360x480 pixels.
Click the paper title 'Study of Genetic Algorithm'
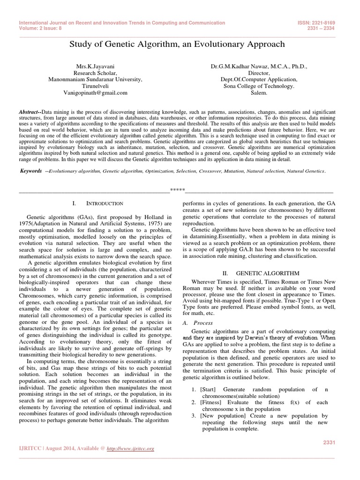[177, 44]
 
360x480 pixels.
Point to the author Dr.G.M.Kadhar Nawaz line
[259, 67]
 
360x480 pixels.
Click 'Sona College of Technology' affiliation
[259, 86]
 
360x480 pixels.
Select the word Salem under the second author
[259, 93]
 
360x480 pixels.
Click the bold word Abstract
[30, 112]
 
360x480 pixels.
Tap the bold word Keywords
[31, 171]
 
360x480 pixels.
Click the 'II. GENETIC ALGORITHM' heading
[259, 272]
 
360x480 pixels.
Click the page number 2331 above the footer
[330, 442]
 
